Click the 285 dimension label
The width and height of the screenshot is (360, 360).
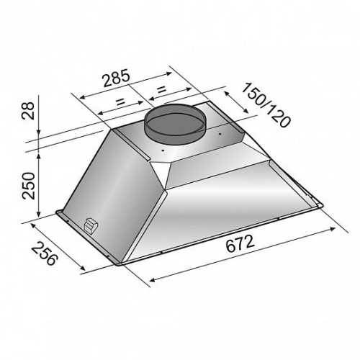pyautogui.click(x=117, y=78)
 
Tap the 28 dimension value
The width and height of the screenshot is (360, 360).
pyautogui.click(x=28, y=111)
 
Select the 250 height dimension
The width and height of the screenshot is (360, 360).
pyautogui.click(x=28, y=186)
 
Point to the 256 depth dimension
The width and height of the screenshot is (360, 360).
pyautogui.click(x=45, y=253)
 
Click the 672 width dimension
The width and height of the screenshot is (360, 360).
pyautogui.click(x=240, y=243)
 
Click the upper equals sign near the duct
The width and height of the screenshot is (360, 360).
pyautogui.click(x=161, y=90)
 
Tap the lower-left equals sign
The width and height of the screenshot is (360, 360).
pyautogui.click(x=120, y=102)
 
